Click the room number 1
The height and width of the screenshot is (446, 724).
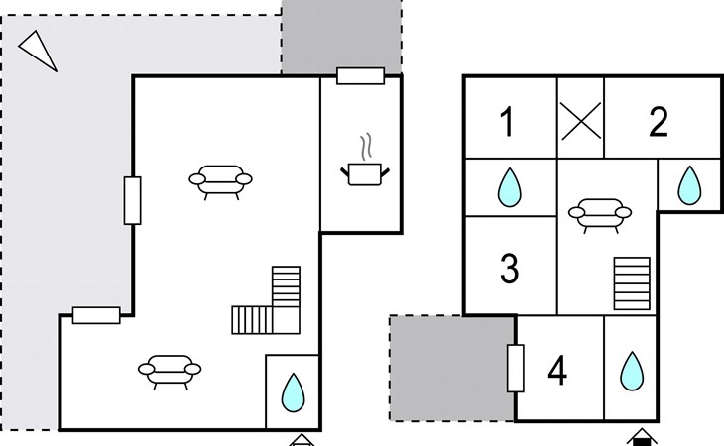coord(508,122)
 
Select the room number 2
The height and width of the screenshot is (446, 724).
coord(658,122)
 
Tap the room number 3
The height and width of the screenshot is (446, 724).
coord(509,268)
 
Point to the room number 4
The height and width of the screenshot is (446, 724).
coord(557,371)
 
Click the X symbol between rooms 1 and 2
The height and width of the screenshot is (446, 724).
coord(581,120)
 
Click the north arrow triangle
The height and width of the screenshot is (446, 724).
coord(38,51)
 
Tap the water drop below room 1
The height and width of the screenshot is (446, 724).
coord(509,187)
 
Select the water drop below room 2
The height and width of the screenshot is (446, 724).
coord(689,185)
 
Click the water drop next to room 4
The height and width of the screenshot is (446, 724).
coord(631,371)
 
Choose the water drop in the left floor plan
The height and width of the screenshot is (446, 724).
coord(293,392)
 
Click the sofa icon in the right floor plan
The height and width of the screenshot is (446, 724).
coord(600,215)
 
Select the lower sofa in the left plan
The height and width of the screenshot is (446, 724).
coord(170,372)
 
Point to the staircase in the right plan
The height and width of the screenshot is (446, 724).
coord(632,283)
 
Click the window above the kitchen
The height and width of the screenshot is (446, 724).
coord(361,76)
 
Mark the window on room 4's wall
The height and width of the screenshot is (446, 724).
coord(516,368)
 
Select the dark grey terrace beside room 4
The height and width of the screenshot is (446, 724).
coord(452,368)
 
